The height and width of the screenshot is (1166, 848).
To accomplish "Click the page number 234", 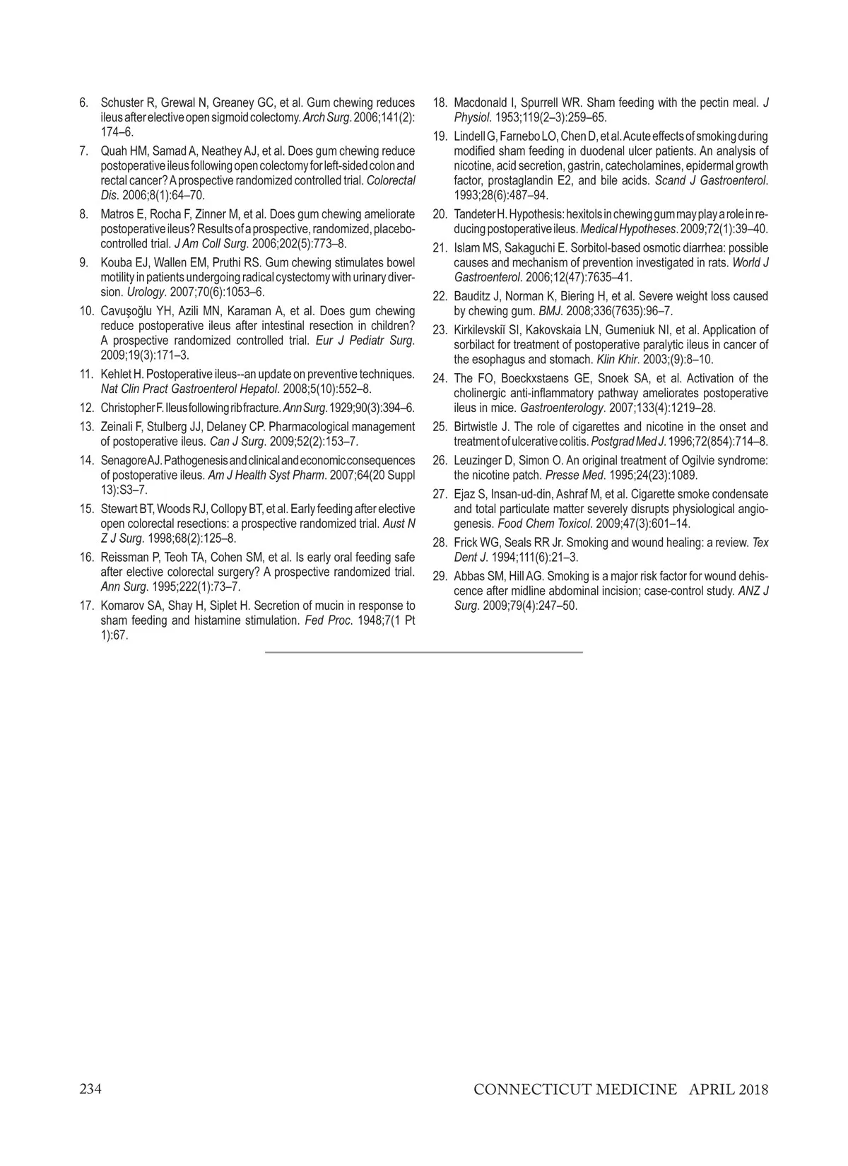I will [x=90, y=1089].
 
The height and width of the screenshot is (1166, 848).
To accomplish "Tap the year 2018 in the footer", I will [x=752, y=1089].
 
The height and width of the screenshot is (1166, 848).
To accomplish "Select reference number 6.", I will [x=83, y=103].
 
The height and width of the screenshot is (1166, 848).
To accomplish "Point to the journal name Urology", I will [x=142, y=292].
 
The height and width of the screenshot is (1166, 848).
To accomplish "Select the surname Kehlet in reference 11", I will [x=116, y=374].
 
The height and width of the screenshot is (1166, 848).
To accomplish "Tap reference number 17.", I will [x=87, y=606].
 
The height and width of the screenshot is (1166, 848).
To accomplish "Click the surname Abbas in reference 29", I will [x=469, y=576].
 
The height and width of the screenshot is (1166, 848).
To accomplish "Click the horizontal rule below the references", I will [x=424, y=652].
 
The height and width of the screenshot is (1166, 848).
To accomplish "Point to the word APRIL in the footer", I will [x=711, y=1089].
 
